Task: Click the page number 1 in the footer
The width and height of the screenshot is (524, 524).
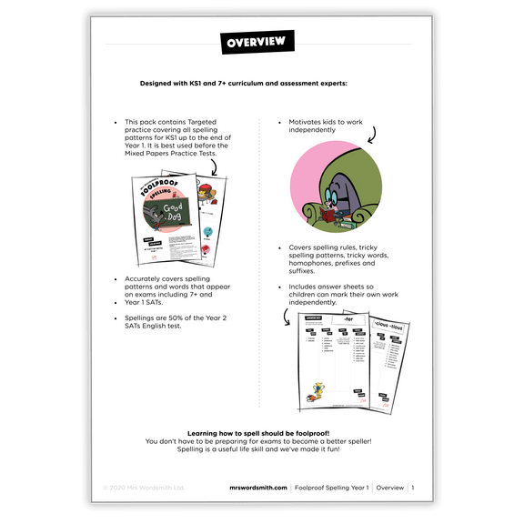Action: click(412, 489)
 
